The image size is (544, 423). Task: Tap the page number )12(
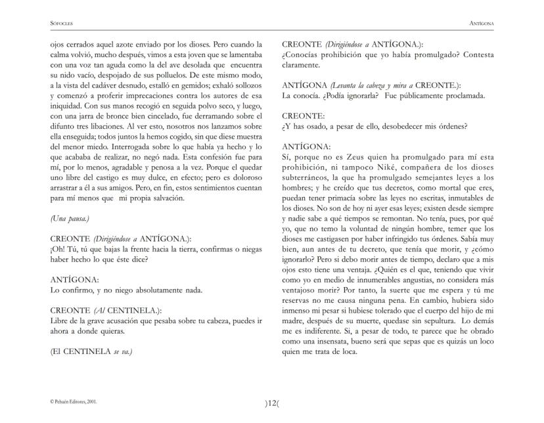click(272, 403)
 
